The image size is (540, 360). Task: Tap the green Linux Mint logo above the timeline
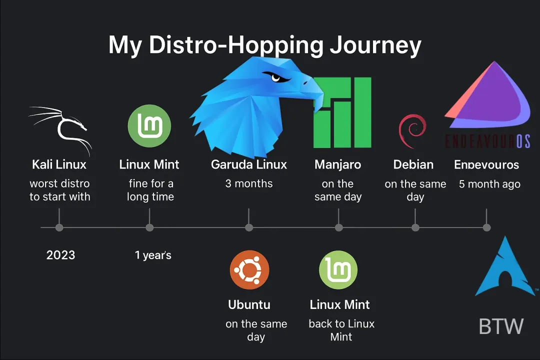[149, 126]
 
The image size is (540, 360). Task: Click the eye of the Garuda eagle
[276, 77]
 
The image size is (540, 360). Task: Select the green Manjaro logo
[342, 112]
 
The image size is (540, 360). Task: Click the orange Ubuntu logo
[249, 270]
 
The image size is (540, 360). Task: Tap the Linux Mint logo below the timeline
[338, 270]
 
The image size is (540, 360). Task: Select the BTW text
[501, 326]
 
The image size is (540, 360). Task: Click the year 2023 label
[60, 255]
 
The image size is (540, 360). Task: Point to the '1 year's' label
[153, 255]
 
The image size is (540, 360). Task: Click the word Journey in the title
[375, 45]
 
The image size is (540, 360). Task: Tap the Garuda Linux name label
[249, 164]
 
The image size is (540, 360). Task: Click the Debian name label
[413, 164]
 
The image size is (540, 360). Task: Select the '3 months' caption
[249, 183]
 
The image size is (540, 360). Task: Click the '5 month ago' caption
[489, 184]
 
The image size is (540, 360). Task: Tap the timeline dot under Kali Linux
[59, 228]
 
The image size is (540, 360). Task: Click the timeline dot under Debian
[415, 228]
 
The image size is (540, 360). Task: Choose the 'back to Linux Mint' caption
[341, 330]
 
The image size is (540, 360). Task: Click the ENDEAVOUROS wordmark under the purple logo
[487, 141]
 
